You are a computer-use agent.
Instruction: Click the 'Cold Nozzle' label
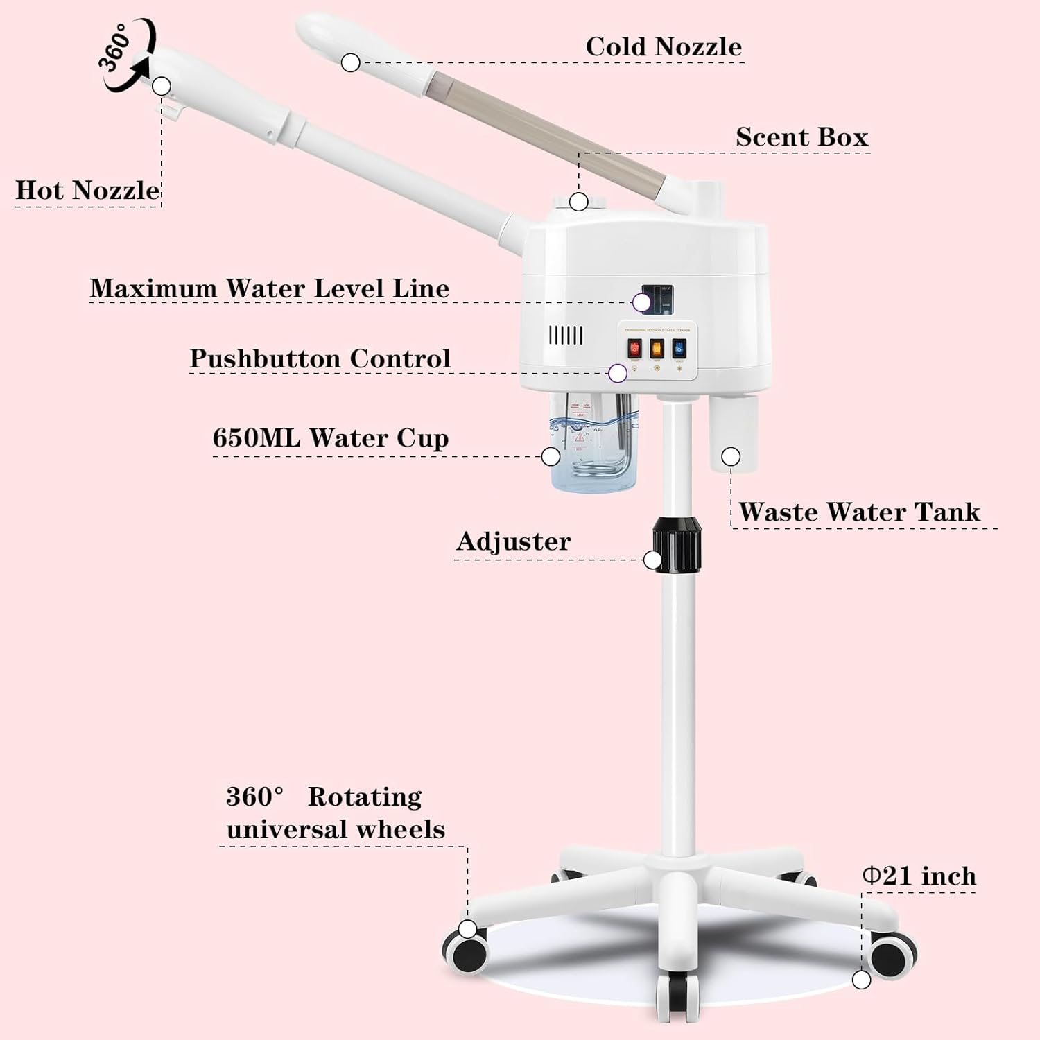pyautogui.click(x=664, y=47)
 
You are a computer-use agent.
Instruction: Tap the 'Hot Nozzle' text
pyautogui.click(x=87, y=191)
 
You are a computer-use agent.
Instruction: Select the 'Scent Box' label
pyautogui.click(x=801, y=137)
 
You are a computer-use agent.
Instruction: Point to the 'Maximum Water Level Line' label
pyautogui.click(x=270, y=288)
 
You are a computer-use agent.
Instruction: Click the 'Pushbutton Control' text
pyautogui.click(x=320, y=359)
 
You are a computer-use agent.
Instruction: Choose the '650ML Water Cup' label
pyautogui.click(x=330, y=438)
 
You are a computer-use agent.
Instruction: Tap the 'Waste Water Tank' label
pyautogui.click(x=859, y=512)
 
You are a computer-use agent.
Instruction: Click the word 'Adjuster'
pyautogui.click(x=513, y=541)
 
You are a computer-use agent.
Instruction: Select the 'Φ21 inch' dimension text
pyautogui.click(x=919, y=876)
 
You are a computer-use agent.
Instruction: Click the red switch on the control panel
pyautogui.click(x=634, y=348)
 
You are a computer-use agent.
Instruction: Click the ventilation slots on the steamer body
pyautogui.click(x=566, y=336)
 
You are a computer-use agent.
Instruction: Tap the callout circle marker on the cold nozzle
pyautogui.click(x=351, y=62)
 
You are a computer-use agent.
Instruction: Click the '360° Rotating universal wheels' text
pyautogui.click(x=335, y=813)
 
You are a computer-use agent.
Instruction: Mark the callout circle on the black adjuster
pyautogui.click(x=652, y=560)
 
